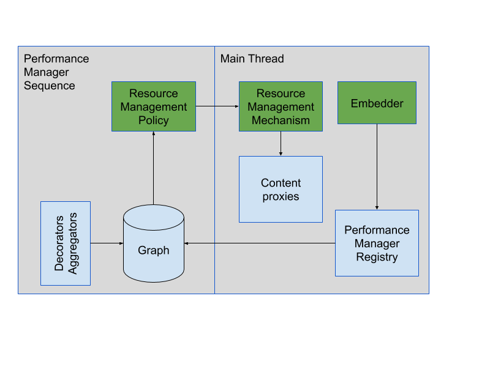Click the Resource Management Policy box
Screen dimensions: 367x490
click(154, 106)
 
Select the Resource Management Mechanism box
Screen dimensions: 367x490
click(281, 106)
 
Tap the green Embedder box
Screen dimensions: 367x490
click(377, 103)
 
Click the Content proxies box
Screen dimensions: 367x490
click(281, 189)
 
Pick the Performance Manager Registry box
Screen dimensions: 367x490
click(377, 243)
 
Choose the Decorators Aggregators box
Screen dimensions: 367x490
click(66, 243)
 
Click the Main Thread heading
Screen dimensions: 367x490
click(252, 59)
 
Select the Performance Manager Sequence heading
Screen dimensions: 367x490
click(56, 72)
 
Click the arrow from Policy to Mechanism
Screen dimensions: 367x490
click(217, 106)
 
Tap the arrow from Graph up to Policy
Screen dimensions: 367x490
click(154, 168)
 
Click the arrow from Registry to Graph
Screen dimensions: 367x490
click(260, 243)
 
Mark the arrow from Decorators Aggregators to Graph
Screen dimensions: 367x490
click(107, 243)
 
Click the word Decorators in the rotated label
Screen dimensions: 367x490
click(59, 243)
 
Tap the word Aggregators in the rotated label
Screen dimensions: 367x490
click(72, 243)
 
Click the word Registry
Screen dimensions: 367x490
click(377, 257)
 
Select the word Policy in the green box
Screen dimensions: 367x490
click(154, 120)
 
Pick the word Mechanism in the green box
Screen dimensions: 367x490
click(281, 120)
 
